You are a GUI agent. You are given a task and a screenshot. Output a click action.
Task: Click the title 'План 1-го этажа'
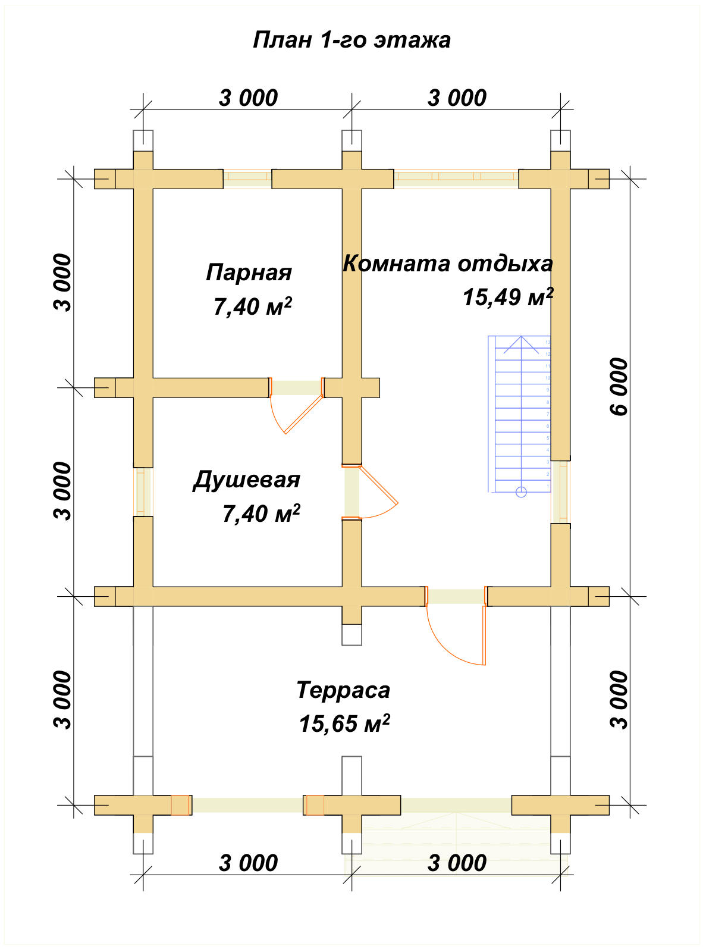pos(351,40)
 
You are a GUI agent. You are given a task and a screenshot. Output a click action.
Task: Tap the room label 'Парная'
pos(249,273)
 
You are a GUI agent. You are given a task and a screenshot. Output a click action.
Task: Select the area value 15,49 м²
pos(507,297)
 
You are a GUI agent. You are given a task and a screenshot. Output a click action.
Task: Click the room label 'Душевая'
pos(246,480)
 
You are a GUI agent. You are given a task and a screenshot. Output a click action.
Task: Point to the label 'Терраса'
pos(343,690)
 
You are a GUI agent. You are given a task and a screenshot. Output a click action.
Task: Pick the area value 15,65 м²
pos(344,724)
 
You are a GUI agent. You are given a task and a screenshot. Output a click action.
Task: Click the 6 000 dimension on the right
pos(619,387)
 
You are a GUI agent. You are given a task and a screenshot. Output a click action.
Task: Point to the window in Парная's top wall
pos(247,178)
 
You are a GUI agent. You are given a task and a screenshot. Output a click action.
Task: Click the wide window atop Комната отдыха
pos(456,178)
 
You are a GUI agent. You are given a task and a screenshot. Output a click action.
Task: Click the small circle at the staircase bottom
pos(521,491)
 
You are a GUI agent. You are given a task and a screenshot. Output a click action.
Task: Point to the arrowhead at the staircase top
pos(521,340)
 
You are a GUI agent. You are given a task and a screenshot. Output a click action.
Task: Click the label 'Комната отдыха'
pos(447,263)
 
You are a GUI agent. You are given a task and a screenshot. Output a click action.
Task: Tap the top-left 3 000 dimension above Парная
pos(248,98)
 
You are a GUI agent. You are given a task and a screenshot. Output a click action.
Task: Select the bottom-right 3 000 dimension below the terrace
pos(457,863)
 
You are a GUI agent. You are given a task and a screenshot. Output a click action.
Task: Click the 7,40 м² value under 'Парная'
pos(252,307)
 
